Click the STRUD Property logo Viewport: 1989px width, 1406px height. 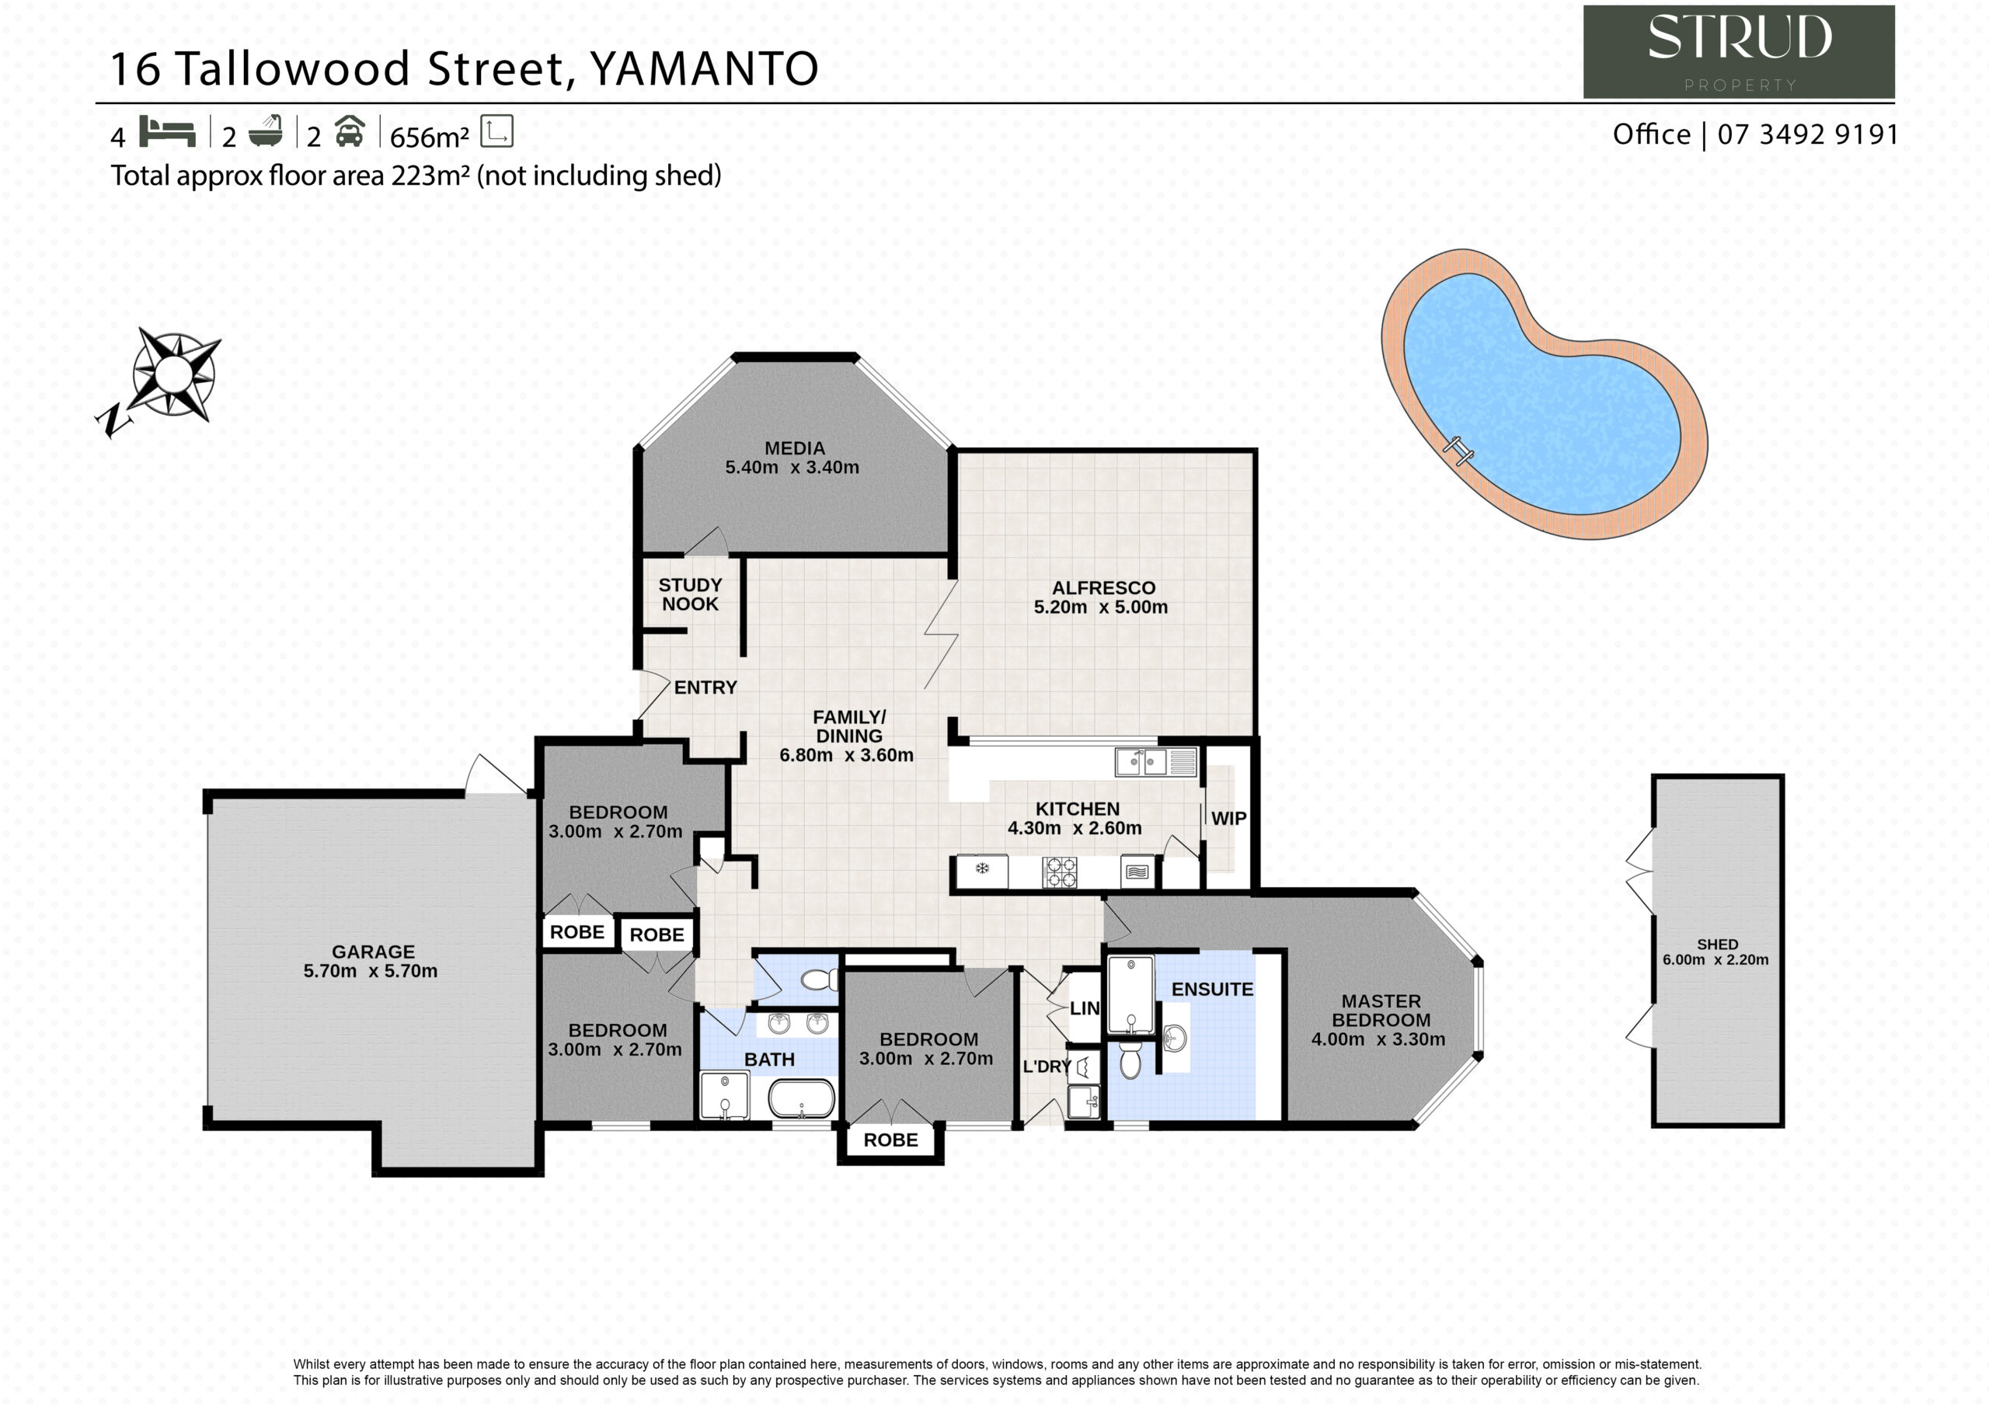[1739, 52]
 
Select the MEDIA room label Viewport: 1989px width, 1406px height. [794, 449]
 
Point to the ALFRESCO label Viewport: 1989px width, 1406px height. [1103, 588]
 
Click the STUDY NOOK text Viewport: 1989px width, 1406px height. [691, 595]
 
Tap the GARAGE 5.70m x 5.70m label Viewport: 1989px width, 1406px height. [371, 962]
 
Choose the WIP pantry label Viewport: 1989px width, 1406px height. [1228, 819]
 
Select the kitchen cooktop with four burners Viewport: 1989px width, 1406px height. [1060, 872]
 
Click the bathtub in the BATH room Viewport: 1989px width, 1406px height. [801, 1098]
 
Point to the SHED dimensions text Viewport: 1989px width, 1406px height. [1716, 960]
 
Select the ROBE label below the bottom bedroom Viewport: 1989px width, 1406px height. [890, 1140]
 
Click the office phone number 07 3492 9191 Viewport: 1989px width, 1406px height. [1807, 134]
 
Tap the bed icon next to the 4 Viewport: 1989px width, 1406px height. [167, 132]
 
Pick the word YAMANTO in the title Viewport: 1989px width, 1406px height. [704, 69]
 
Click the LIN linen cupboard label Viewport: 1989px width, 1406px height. [1085, 1008]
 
